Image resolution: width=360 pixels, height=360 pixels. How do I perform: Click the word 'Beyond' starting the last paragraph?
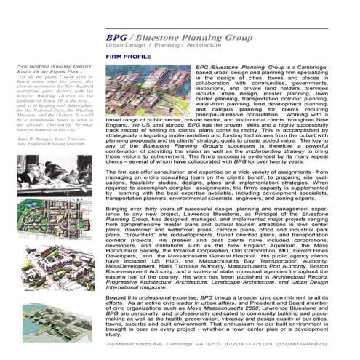(117, 299)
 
